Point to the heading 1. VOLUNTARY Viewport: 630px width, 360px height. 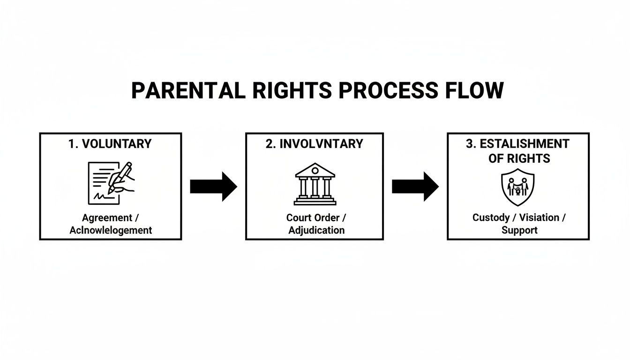110,144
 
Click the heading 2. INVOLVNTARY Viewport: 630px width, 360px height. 314,144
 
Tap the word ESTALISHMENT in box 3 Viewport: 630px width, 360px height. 525,144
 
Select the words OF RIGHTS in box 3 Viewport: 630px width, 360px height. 519,158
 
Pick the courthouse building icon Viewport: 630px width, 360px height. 315,184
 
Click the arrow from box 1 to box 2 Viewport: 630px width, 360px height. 213,186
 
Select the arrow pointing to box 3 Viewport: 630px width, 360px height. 415,186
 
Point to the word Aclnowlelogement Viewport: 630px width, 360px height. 111,230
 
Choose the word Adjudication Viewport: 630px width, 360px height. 316,230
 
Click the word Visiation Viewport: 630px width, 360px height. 540,218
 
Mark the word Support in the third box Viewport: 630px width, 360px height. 519,230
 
